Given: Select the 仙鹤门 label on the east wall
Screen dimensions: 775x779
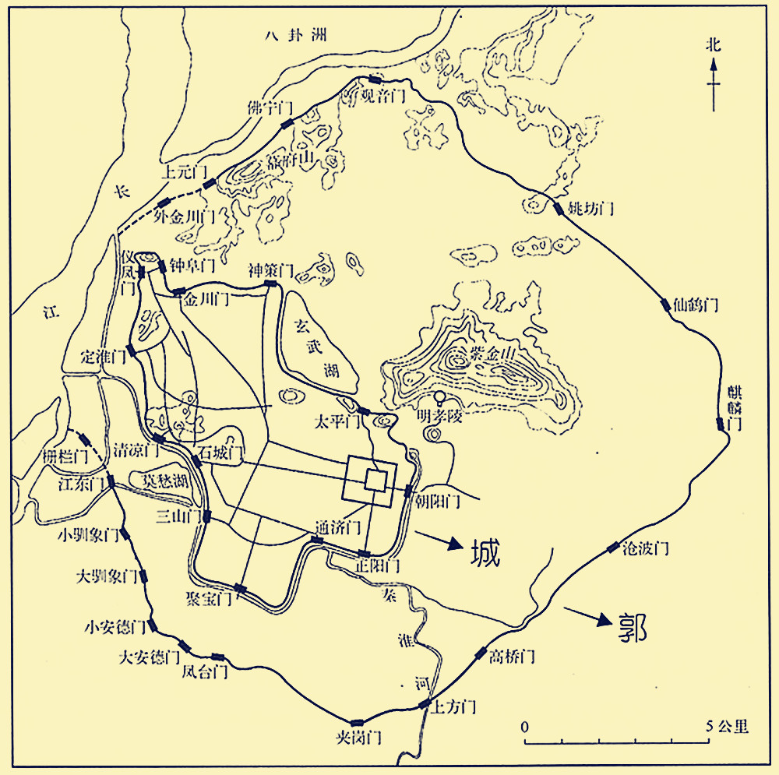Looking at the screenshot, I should pyautogui.click(x=696, y=305).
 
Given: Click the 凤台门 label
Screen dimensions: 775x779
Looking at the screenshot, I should pyautogui.click(x=204, y=671).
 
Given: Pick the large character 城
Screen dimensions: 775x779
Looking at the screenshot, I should pyautogui.click(x=484, y=552).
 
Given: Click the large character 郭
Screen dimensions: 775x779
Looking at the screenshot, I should pyautogui.click(x=631, y=625).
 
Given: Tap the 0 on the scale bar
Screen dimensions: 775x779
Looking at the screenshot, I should pyautogui.click(x=526, y=726).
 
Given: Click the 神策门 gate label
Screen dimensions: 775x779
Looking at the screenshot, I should pyautogui.click(x=270, y=271).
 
